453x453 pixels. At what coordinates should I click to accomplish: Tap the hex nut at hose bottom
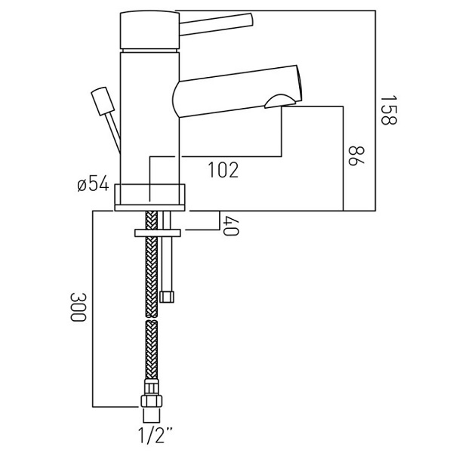point(152,400)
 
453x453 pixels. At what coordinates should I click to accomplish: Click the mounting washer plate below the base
point(156,232)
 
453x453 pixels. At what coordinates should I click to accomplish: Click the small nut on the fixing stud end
point(167,294)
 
